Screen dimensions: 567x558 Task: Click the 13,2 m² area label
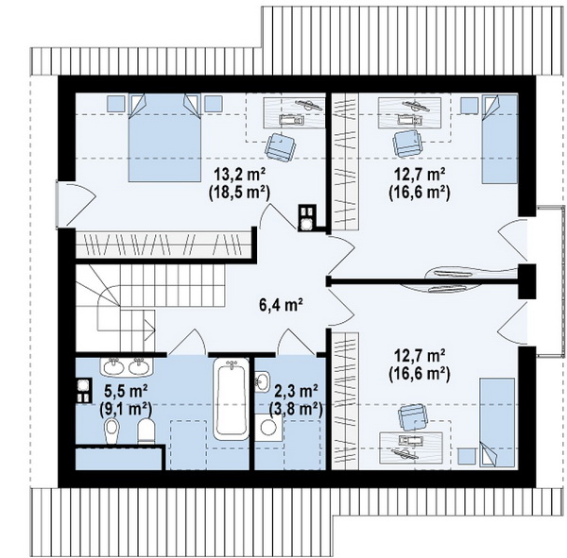(240, 176)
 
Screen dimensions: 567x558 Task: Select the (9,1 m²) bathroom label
(126, 409)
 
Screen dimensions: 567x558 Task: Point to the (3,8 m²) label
(296, 409)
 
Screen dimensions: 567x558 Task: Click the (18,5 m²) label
(239, 193)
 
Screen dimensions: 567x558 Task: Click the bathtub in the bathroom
(232, 399)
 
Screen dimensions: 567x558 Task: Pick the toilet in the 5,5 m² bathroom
(146, 430)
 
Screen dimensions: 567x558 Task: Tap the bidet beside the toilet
(112, 431)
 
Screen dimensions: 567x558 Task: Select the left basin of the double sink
(114, 367)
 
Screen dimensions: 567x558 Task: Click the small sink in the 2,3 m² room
(262, 381)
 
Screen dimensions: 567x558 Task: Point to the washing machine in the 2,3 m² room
(268, 428)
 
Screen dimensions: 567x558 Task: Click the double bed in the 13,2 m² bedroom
(164, 138)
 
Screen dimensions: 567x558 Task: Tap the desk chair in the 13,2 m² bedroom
(281, 146)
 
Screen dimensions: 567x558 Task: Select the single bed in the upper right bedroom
(499, 139)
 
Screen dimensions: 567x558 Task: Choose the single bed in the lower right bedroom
(497, 422)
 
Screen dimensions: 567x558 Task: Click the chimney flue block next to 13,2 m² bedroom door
(307, 217)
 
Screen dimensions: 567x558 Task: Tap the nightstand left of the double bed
(116, 103)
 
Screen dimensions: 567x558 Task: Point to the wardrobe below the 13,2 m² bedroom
(163, 245)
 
